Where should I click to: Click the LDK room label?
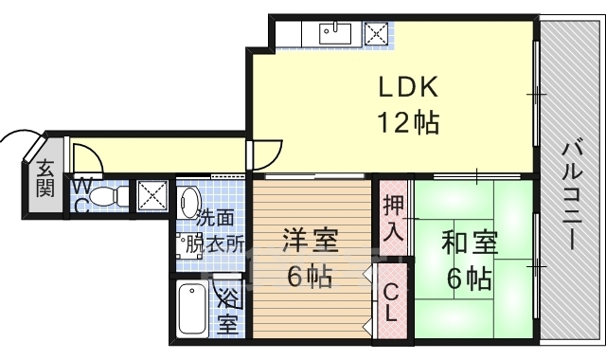(x=408, y=89)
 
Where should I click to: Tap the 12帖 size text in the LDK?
(x=408, y=122)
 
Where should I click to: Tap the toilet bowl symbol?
(x=113, y=196)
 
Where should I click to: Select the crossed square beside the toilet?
(x=152, y=196)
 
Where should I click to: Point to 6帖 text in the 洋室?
(x=309, y=278)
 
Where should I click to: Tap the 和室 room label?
(x=469, y=244)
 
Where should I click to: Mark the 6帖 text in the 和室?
(x=469, y=279)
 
